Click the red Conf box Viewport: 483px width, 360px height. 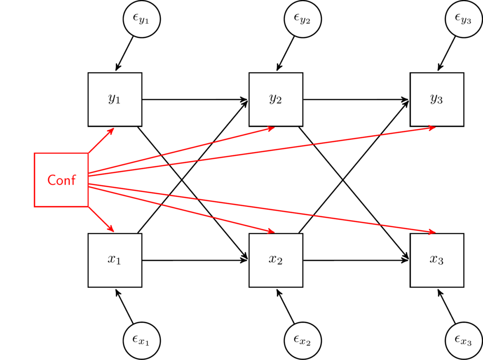pos(61,180)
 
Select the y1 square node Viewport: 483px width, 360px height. pos(115,99)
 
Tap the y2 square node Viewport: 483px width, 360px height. pos(276,99)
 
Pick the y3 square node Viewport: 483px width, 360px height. pos(437,99)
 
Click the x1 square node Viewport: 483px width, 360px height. pos(115,260)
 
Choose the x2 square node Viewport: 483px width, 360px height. pos(276,260)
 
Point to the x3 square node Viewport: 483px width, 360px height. pos(437,260)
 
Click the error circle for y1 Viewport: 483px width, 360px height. pos(142,18)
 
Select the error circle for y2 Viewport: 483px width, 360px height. pos(303,18)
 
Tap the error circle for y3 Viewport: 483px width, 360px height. pos(464,18)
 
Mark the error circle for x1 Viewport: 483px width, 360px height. pos(142,340)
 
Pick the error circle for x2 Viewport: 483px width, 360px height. pos(303,340)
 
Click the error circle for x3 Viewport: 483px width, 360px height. pos(464,340)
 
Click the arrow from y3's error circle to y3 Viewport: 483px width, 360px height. pos(447,53)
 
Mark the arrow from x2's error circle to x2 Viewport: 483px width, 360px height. pos(286,306)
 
